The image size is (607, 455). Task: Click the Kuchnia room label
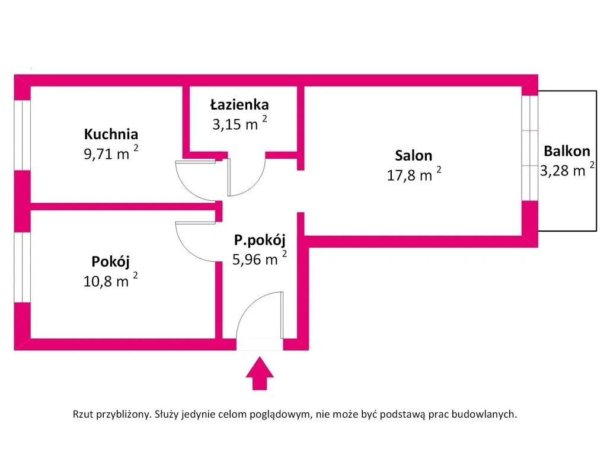pyautogui.click(x=111, y=134)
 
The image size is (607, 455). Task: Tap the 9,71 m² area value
pyautogui.click(x=111, y=153)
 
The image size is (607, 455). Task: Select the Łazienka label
pyautogui.click(x=239, y=104)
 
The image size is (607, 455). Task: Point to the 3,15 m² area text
pyautogui.click(x=239, y=123)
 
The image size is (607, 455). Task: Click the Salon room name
pyautogui.click(x=413, y=155)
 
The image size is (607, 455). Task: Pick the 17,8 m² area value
pyautogui.click(x=414, y=174)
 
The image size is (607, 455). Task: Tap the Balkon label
pyautogui.click(x=567, y=151)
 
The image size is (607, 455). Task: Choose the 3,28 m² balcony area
pyautogui.click(x=567, y=169)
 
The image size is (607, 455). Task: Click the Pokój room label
pyautogui.click(x=110, y=261)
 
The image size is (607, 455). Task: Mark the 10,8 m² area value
pyautogui.click(x=110, y=280)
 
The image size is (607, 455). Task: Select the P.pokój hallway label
pyautogui.click(x=260, y=240)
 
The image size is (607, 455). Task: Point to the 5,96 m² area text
pyautogui.click(x=260, y=258)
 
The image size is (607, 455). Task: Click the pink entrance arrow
pyautogui.click(x=260, y=373)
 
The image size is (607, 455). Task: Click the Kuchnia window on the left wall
pyautogui.click(x=23, y=135)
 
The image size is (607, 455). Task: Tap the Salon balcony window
pyautogui.click(x=529, y=148)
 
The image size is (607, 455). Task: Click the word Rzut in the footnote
pyautogui.click(x=83, y=414)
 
